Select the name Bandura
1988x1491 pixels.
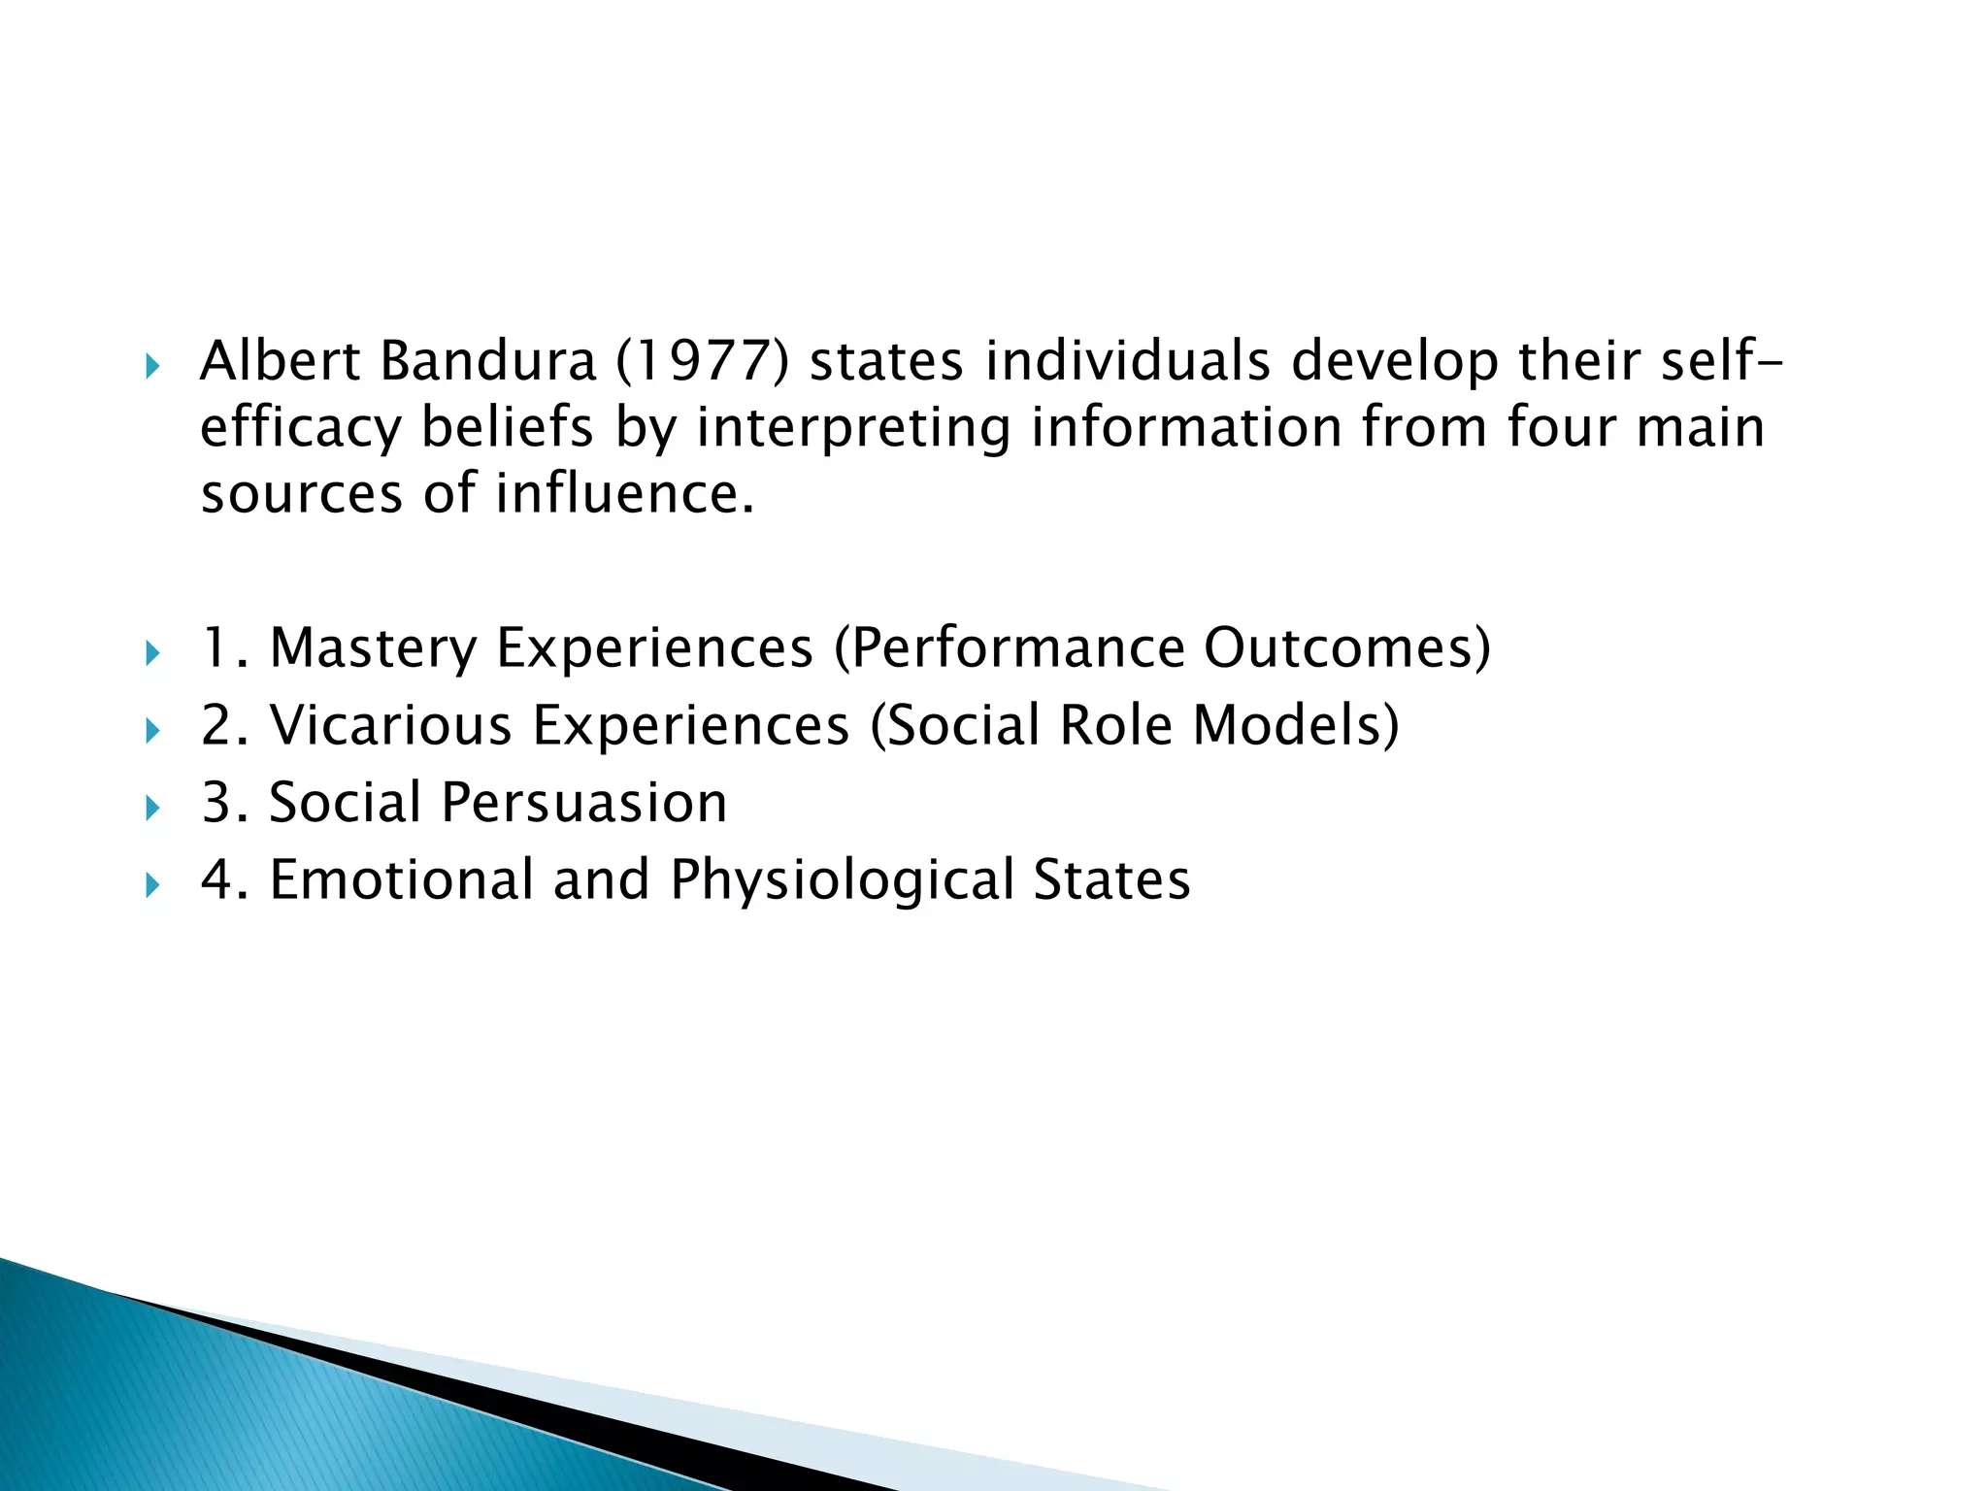click(487, 361)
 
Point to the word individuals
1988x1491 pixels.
click(1127, 361)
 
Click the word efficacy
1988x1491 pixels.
click(300, 428)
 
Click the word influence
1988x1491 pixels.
click(624, 493)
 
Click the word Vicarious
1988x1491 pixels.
click(390, 725)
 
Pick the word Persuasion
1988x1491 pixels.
click(584, 803)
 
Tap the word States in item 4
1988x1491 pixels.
click(1111, 879)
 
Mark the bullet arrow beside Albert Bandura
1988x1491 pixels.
click(151, 367)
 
